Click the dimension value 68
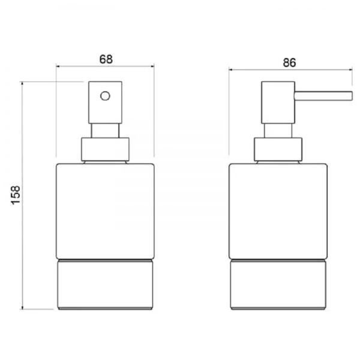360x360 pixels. pos(106,59)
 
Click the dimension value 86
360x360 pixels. pos(290,62)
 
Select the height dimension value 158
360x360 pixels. pos(16,195)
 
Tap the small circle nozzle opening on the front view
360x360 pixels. pos(105,96)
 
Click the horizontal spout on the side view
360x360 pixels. pos(323,96)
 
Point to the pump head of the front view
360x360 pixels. pos(105,103)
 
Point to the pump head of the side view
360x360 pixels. pos(278,103)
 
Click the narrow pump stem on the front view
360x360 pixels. pos(105,131)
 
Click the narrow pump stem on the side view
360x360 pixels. pos(278,131)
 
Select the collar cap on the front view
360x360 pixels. pos(106,149)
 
